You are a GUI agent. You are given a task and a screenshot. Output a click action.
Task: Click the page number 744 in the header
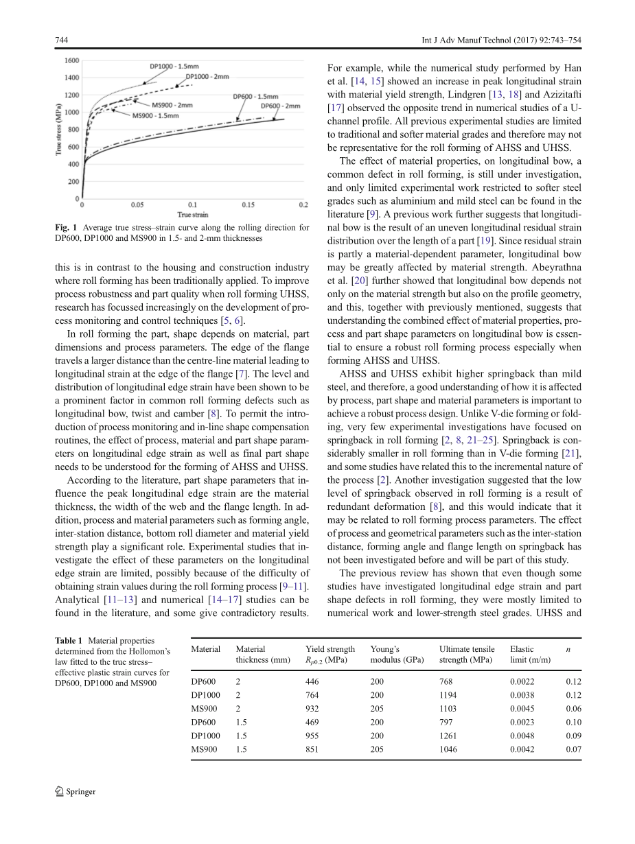tap(61, 40)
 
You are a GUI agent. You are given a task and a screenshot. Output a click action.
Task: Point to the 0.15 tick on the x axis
tap(247, 204)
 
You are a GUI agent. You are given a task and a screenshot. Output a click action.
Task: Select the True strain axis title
tap(194, 214)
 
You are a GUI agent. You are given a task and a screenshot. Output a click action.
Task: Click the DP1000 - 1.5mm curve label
tap(174, 67)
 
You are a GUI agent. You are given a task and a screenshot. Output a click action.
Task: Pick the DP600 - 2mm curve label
tap(280, 106)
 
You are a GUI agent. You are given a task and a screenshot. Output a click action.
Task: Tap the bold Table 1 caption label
tap(69, 640)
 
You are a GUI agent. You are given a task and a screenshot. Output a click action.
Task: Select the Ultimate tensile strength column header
tap(467, 654)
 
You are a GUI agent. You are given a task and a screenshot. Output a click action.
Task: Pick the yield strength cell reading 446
tap(312, 682)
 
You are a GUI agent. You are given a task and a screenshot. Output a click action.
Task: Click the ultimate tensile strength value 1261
tap(448, 736)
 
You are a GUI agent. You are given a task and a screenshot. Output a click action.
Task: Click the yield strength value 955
tap(312, 736)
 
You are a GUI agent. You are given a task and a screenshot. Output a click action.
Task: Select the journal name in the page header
tap(501, 40)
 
